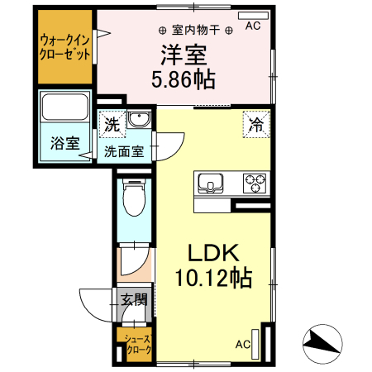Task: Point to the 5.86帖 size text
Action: point(184,80)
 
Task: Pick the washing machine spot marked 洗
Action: point(112,125)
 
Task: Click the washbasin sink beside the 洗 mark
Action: point(138,120)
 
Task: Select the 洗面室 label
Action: point(124,151)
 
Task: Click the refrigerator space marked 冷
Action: point(256,126)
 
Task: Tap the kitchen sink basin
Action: point(208,182)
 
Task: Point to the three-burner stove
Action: point(254,181)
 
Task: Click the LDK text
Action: point(211,253)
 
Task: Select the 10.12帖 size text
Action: point(212,279)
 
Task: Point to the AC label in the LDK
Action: point(244,344)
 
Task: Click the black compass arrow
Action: point(322,341)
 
